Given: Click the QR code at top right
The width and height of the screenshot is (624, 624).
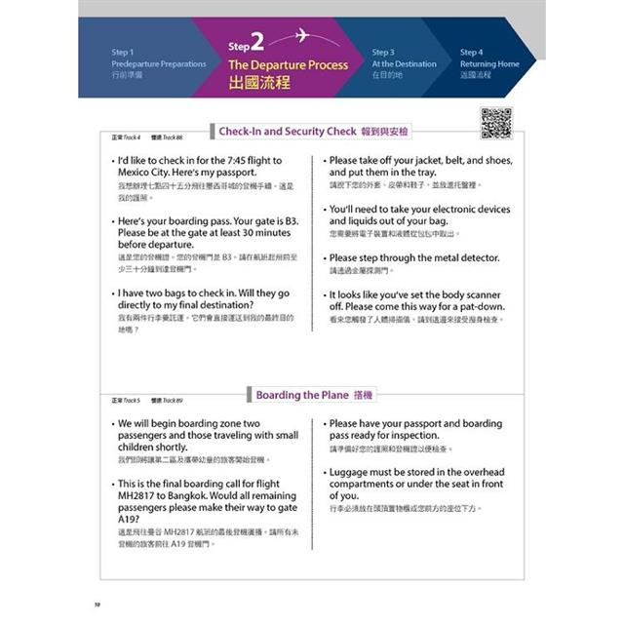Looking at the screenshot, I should (x=496, y=125).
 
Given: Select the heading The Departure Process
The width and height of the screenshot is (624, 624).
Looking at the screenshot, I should (x=288, y=64).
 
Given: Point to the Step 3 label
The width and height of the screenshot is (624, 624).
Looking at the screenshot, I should (x=382, y=52).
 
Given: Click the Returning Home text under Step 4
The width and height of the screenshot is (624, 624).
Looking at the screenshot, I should (x=489, y=64).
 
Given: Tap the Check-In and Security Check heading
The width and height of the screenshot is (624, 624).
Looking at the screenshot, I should (x=288, y=131).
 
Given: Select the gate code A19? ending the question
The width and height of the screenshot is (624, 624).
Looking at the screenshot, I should (x=129, y=519).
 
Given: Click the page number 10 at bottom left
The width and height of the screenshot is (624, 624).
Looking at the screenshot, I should (x=97, y=605).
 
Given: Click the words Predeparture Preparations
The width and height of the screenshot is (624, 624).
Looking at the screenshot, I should (x=159, y=64).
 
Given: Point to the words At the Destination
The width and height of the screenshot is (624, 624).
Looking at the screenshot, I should (x=404, y=64).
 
